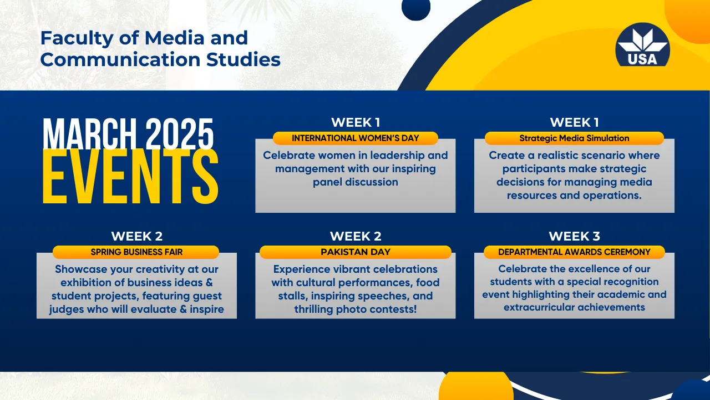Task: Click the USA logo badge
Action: click(x=642, y=45)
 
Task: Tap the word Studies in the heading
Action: click(x=244, y=59)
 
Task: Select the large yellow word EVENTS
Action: click(x=130, y=176)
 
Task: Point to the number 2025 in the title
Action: click(x=180, y=134)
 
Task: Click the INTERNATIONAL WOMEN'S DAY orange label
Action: click(x=356, y=138)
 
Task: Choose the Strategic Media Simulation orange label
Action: click(x=574, y=138)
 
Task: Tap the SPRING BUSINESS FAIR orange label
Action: click(x=136, y=252)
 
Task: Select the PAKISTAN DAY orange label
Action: click(x=356, y=252)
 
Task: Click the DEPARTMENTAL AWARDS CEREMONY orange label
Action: click(x=574, y=252)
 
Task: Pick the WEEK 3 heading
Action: click(x=574, y=236)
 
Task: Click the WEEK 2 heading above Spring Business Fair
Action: click(x=136, y=236)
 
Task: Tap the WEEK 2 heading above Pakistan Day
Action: click(x=356, y=236)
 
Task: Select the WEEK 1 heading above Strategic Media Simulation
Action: click(x=574, y=122)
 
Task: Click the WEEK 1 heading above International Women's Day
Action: click(x=356, y=122)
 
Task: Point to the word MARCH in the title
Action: click(x=90, y=134)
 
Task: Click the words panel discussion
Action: click(x=356, y=182)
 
